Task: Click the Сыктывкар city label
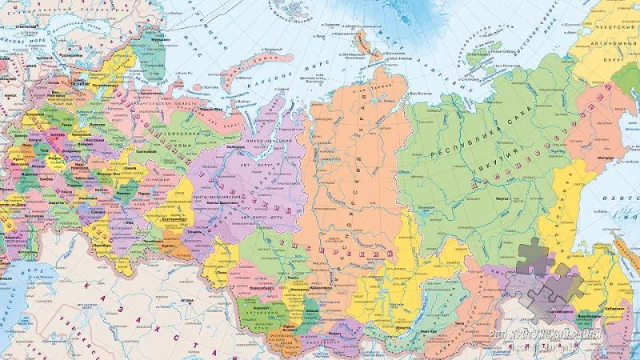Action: [145, 150]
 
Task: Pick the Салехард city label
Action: [236, 146]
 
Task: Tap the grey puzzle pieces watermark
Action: [544, 280]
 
